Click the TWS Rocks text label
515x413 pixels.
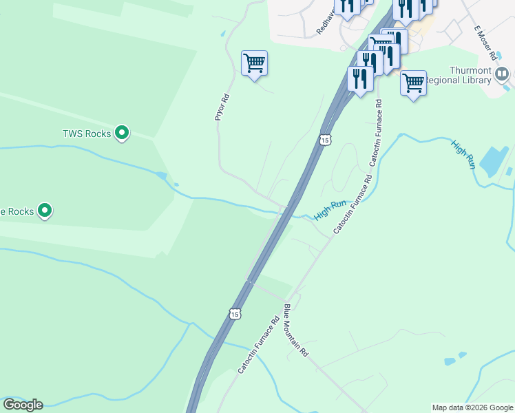point(87,134)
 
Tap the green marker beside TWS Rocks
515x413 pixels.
point(122,132)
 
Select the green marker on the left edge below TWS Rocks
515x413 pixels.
point(45,209)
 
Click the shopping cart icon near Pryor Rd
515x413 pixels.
point(254,63)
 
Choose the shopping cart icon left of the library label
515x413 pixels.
point(413,83)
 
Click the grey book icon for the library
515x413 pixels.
point(503,73)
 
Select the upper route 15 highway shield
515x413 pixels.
point(325,140)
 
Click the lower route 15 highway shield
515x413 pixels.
point(235,313)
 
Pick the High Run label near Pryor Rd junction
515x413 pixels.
point(330,210)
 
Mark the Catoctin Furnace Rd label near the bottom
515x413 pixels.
point(258,346)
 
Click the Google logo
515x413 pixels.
point(23,405)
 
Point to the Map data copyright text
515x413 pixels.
point(472,407)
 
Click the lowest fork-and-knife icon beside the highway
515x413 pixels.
point(361,78)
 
